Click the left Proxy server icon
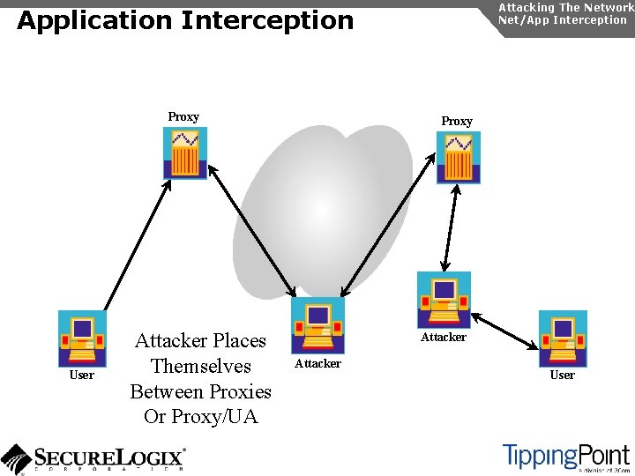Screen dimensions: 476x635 pyautogui.click(x=185, y=153)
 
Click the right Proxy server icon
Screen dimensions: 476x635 pyautogui.click(x=459, y=157)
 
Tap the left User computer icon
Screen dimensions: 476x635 pyautogui.click(x=82, y=338)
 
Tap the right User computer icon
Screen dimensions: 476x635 pyautogui.click(x=563, y=338)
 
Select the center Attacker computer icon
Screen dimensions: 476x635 pyautogui.click(x=317, y=325)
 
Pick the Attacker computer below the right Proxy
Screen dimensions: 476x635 pyautogui.click(x=444, y=300)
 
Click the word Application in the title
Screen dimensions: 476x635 pyautogui.click(x=92, y=20)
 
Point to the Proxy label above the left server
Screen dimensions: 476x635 pyautogui.click(x=183, y=116)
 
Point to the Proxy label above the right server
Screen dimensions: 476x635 pyautogui.click(x=457, y=121)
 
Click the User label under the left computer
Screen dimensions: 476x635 pyautogui.click(x=82, y=376)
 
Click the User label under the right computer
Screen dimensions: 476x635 pyautogui.click(x=563, y=376)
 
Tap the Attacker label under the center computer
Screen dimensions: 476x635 pyautogui.click(x=317, y=363)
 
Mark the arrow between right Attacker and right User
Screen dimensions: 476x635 pyautogui.click(x=505, y=329)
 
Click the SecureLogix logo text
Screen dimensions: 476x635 pyautogui.click(x=110, y=457)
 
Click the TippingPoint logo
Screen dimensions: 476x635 pyautogui.click(x=565, y=456)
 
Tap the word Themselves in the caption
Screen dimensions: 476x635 pyautogui.click(x=201, y=366)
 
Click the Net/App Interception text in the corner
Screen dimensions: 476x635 pyautogui.click(x=563, y=19)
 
